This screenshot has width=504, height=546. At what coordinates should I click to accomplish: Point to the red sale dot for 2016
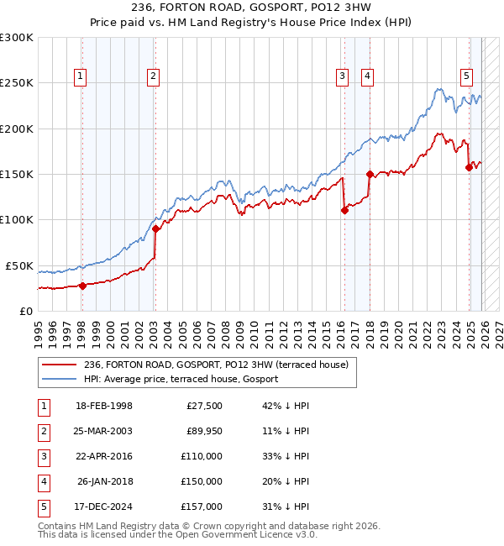point(344,211)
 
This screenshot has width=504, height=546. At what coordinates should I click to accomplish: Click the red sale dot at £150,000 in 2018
point(370,174)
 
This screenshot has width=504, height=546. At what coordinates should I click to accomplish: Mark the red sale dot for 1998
point(82,286)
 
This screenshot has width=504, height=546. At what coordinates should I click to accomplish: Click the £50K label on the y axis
point(19,265)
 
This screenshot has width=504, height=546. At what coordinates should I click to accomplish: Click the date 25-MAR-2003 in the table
point(103,431)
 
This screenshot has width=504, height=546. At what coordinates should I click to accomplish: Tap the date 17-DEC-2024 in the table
point(103,507)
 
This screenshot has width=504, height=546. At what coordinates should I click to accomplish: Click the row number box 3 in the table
point(42,456)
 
